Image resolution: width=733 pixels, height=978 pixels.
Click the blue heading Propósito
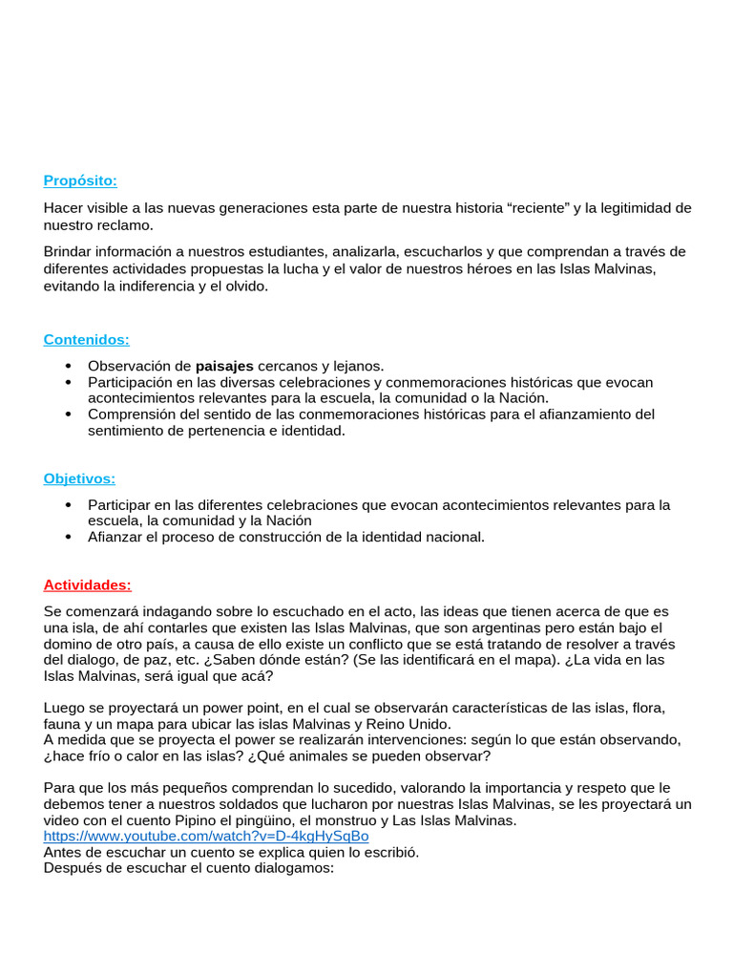[80, 181]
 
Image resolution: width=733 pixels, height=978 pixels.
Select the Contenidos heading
[86, 339]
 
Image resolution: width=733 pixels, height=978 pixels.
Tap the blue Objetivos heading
[79, 478]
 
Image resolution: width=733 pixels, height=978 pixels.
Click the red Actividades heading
[87, 585]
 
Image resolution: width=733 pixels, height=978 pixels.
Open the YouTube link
[205, 836]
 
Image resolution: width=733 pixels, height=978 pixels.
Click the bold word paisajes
[224, 366]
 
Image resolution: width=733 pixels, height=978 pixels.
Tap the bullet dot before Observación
[68, 366]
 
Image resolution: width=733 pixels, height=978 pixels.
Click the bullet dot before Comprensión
[68, 415]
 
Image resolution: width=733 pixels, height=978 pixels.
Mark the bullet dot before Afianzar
[68, 537]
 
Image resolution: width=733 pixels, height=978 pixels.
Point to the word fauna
[63, 724]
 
